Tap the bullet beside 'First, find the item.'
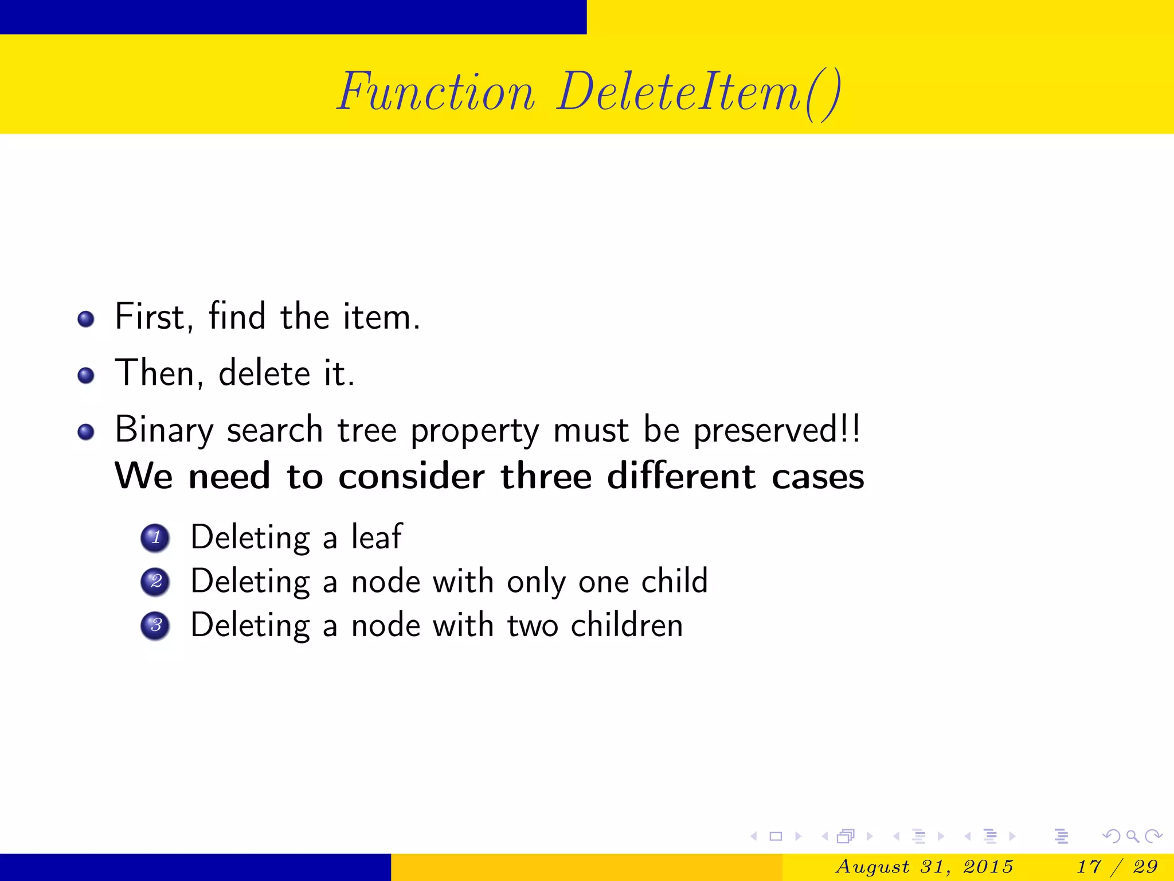click(x=86, y=319)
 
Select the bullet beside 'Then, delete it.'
click(x=86, y=376)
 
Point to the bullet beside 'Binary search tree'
click(x=86, y=432)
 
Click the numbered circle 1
click(x=155, y=538)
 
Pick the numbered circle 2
click(x=155, y=582)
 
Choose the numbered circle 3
click(x=155, y=626)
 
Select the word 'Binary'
click(x=164, y=430)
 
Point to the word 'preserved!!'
click(x=777, y=430)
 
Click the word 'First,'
click(x=154, y=317)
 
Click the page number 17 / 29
click(x=1118, y=866)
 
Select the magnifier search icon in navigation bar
click(x=1132, y=836)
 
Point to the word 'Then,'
click(x=159, y=373)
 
